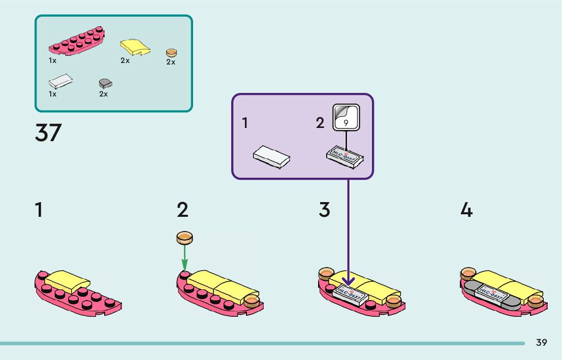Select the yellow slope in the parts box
135,47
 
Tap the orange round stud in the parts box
172,53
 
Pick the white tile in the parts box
60,83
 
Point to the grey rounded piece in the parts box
105,83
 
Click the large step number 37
48,133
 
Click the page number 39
541,343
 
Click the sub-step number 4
466,210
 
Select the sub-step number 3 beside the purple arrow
324,210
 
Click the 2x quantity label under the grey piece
104,94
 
